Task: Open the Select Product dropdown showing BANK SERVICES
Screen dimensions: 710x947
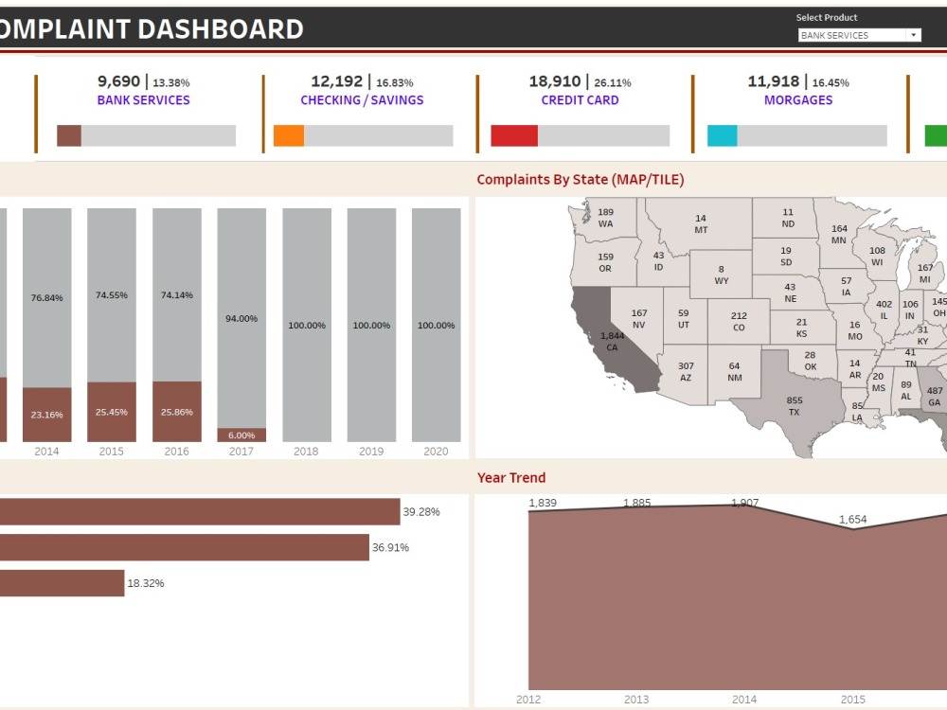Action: (859, 35)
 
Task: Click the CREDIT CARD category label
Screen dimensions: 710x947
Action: (580, 100)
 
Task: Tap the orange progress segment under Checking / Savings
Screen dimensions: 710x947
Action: (289, 135)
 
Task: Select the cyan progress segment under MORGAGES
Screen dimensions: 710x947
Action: (722, 135)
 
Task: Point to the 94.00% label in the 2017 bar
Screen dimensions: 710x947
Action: (241, 319)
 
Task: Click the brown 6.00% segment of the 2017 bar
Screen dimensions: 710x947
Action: (241, 435)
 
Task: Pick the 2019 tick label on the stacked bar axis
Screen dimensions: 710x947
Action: (371, 452)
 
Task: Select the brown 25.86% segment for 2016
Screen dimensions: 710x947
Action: (177, 412)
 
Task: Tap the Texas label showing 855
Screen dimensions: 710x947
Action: (795, 406)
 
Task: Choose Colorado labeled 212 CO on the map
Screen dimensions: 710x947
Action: (739, 322)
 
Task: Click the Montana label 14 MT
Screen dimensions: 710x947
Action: (701, 224)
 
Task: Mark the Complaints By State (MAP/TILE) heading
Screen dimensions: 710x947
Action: (580, 180)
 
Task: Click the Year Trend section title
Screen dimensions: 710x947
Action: (511, 478)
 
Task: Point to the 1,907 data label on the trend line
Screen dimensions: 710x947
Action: (744, 503)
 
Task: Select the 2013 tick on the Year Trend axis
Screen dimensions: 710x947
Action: (636, 700)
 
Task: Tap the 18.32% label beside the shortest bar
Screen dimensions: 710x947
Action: (145, 583)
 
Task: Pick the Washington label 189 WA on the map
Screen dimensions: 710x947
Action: (605, 218)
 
